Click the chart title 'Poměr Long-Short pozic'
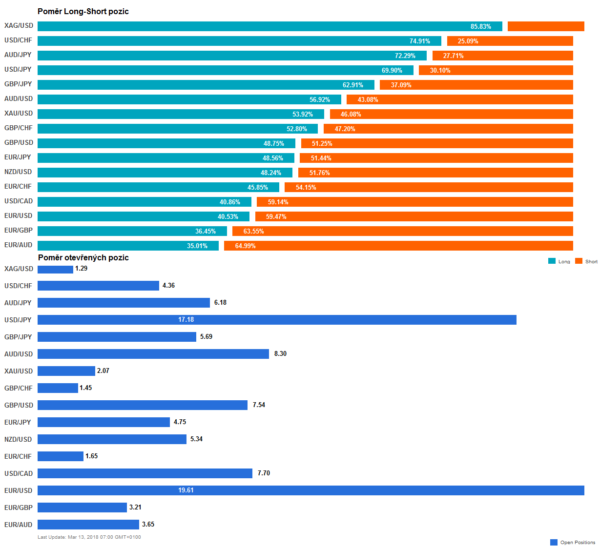tap(83, 11)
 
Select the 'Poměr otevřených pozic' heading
tap(83, 257)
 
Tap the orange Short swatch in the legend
tap(579, 261)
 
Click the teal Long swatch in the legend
tap(552, 261)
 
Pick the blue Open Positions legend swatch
tap(554, 542)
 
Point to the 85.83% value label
tap(481, 26)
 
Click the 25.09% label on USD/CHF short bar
tap(468, 41)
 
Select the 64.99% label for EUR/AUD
tap(245, 246)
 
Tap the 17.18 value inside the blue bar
tap(186, 320)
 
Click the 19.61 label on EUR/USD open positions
tap(186, 490)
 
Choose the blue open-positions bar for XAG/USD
tap(55, 269)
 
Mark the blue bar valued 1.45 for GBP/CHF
tap(58, 388)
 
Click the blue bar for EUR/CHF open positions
tap(61, 456)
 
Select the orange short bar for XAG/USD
tap(546, 26)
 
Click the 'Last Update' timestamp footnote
tap(89, 537)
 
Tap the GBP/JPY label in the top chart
tap(18, 84)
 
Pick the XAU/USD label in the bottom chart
tap(19, 371)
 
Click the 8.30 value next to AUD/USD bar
tap(280, 354)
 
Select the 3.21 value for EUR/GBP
tap(135, 508)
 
